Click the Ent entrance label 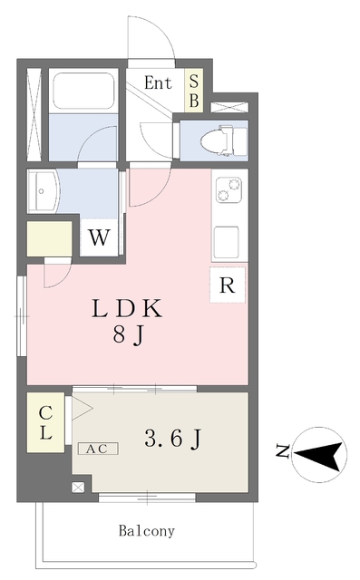[x=158, y=82]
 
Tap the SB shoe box [x=194, y=91]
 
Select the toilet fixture [x=224, y=140]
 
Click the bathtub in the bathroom [x=83, y=91]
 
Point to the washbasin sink [x=43, y=191]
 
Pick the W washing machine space [x=100, y=237]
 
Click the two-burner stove [x=229, y=189]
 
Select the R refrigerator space [x=228, y=285]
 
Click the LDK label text [x=127, y=309]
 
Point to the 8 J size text [x=129, y=336]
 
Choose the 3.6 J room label [x=172, y=439]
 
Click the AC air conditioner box [x=98, y=449]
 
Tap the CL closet [x=45, y=422]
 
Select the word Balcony [x=147, y=531]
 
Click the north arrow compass [x=319, y=455]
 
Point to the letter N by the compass [x=283, y=450]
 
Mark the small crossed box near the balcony [x=78, y=488]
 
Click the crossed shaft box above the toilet [x=229, y=107]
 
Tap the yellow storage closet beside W [x=50, y=238]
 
